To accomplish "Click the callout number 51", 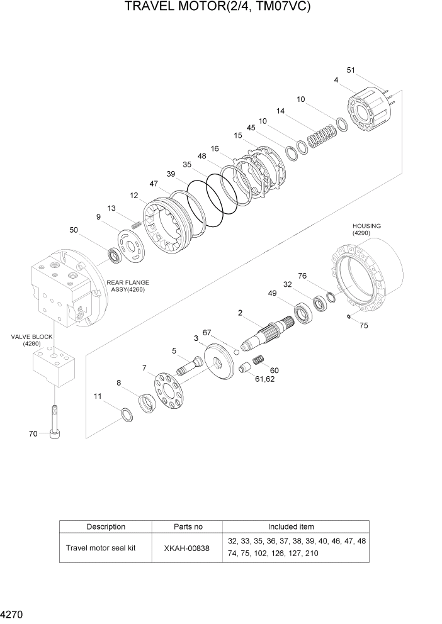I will [351, 70].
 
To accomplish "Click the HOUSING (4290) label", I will [366, 229].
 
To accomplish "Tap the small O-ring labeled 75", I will [348, 317].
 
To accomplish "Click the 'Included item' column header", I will [290, 526].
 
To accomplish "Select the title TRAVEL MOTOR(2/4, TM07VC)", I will [218, 8].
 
